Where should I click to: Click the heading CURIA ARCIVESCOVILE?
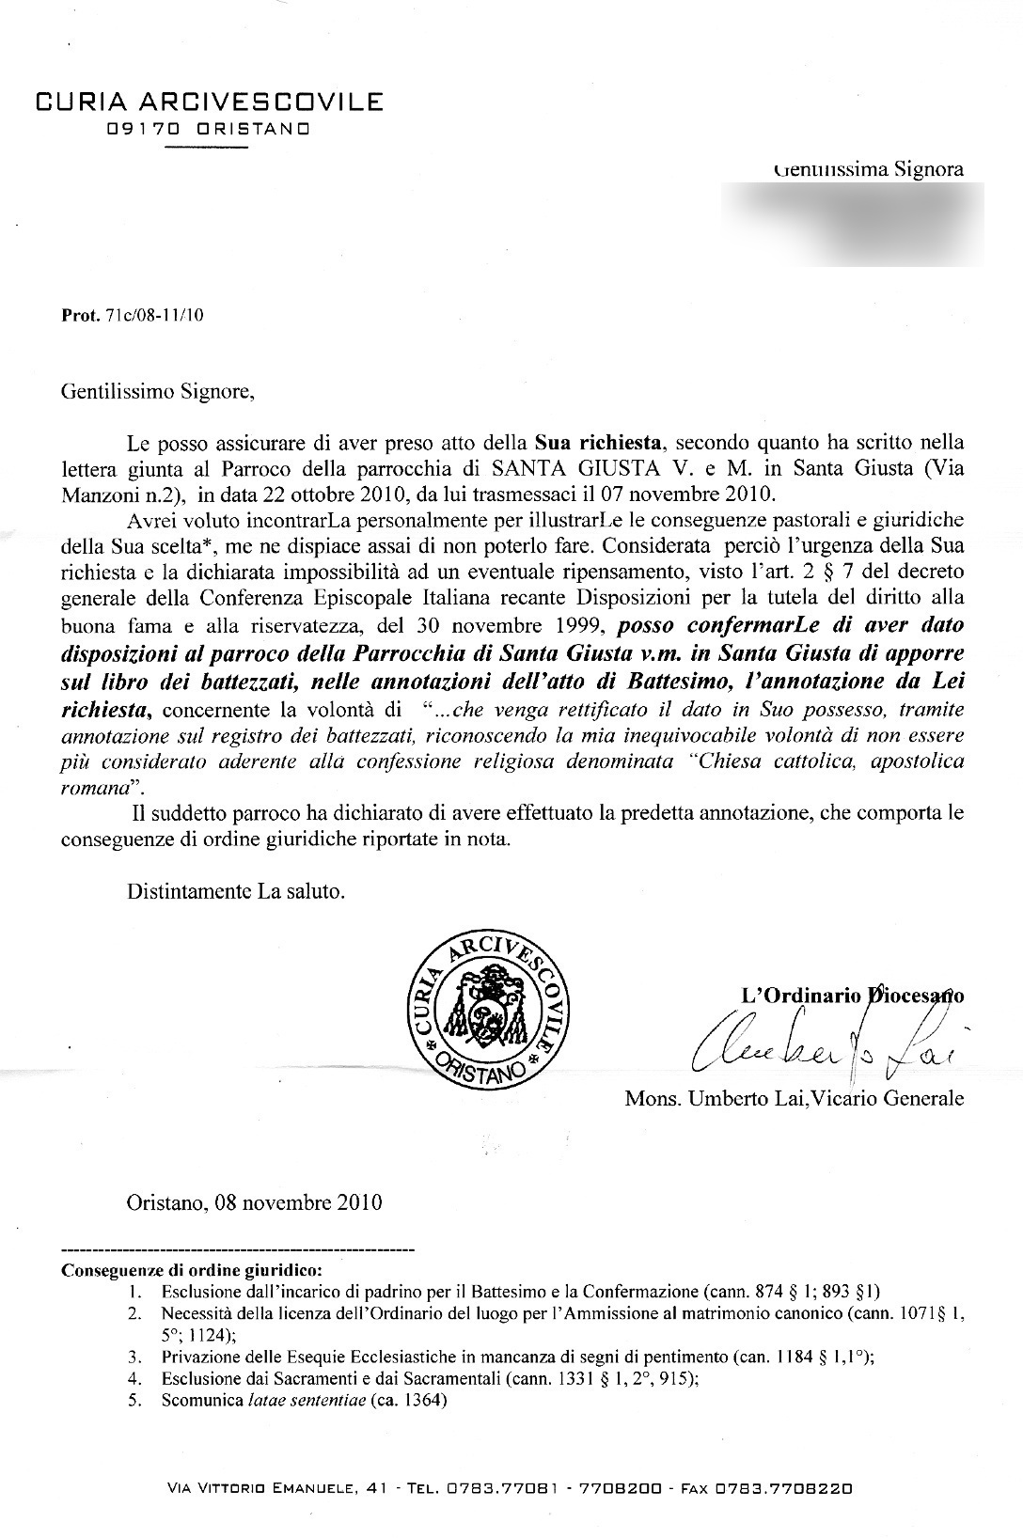click(209, 102)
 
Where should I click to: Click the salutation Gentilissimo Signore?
click(157, 391)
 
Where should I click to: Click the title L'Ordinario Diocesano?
click(853, 996)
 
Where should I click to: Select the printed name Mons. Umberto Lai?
click(711, 1098)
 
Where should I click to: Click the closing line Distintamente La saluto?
click(236, 890)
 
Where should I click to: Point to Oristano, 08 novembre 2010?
click(254, 1201)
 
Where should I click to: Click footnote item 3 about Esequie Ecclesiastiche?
click(517, 1357)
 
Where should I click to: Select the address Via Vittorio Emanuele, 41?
click(273, 1488)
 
